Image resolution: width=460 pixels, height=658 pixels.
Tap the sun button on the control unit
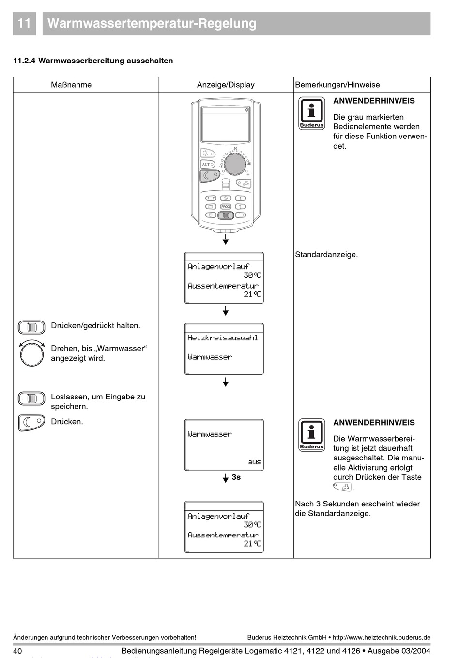click(x=207, y=153)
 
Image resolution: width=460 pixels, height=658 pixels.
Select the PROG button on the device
click(x=226, y=206)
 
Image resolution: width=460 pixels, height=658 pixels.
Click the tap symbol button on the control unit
click(x=244, y=184)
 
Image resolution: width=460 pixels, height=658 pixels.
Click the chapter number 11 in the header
click(x=24, y=24)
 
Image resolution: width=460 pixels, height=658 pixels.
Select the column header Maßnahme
click(x=71, y=85)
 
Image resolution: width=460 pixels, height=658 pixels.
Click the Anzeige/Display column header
click(x=226, y=85)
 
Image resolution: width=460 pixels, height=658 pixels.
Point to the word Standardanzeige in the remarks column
click(x=326, y=254)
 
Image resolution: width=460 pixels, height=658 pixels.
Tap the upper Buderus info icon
click(x=311, y=113)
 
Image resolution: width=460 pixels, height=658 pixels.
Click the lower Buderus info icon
click(x=311, y=435)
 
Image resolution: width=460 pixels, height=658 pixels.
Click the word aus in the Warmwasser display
click(x=254, y=462)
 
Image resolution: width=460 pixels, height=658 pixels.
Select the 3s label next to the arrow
click(x=236, y=477)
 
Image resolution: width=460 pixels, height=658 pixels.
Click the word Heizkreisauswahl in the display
click(x=223, y=337)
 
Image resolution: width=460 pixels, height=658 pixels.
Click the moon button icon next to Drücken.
click(x=31, y=423)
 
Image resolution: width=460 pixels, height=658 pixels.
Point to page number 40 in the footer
click(x=18, y=651)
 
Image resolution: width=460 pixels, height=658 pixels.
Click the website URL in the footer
click(x=381, y=638)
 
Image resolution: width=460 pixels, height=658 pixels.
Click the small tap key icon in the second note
click(x=342, y=488)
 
